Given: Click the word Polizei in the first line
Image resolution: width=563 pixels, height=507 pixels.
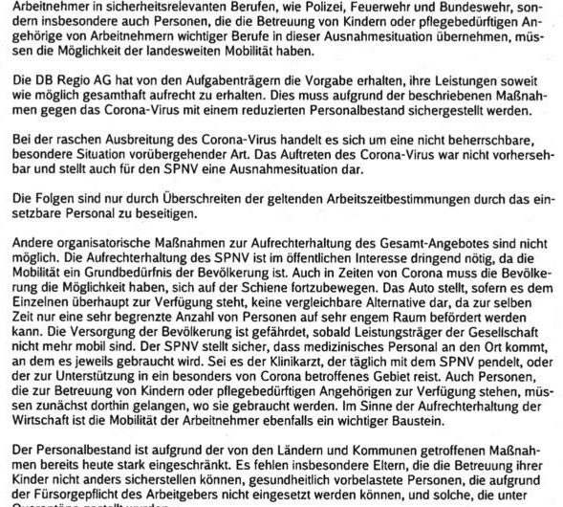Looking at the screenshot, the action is pos(337,7).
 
